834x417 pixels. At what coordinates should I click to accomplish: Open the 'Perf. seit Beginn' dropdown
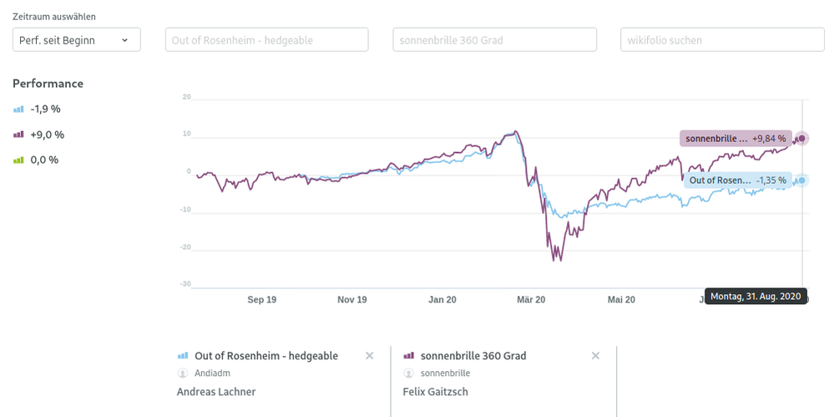(x=77, y=39)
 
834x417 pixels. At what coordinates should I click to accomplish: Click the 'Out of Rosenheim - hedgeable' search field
(x=266, y=39)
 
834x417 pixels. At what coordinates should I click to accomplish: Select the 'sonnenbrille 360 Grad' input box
(x=494, y=39)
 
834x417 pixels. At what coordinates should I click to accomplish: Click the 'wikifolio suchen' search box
(x=722, y=39)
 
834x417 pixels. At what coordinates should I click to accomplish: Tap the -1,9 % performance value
(x=45, y=109)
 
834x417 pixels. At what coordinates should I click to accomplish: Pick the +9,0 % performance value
(x=47, y=135)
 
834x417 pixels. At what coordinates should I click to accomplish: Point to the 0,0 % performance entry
(x=44, y=160)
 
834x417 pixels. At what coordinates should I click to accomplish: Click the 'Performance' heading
(x=48, y=84)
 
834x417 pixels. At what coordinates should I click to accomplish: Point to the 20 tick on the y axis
(x=186, y=97)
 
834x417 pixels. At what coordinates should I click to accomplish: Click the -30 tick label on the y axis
(x=185, y=284)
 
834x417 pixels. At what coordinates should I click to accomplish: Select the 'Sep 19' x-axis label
(x=261, y=299)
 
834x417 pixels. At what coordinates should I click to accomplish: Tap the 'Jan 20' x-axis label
(x=442, y=299)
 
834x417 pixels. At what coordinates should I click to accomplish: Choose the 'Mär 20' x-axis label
(x=531, y=299)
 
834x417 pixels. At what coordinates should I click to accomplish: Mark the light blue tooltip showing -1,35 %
(x=737, y=181)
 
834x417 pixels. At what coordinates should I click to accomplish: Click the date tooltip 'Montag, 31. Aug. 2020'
(x=756, y=296)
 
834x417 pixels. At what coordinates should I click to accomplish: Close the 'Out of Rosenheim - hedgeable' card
(x=370, y=356)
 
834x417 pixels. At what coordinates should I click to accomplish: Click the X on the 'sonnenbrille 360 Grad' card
(x=595, y=356)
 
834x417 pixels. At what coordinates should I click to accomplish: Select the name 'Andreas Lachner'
(x=216, y=392)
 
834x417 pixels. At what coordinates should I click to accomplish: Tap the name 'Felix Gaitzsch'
(x=436, y=392)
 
